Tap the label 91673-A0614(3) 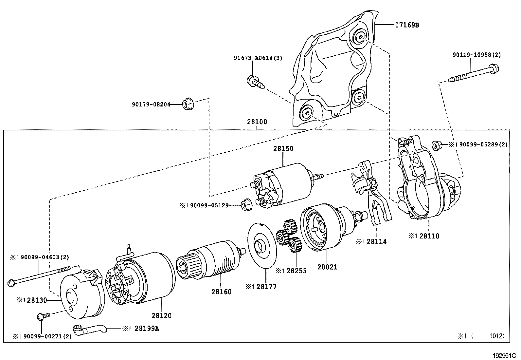258,58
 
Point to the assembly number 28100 257,122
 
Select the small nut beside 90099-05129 246,204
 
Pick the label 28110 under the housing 429,236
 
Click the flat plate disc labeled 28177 262,246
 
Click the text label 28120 161,316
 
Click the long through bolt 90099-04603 39,275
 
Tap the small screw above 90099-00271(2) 42,316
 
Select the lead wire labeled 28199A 88,329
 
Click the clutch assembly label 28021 327,267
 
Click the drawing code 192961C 504,355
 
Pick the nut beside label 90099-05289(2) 436,144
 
